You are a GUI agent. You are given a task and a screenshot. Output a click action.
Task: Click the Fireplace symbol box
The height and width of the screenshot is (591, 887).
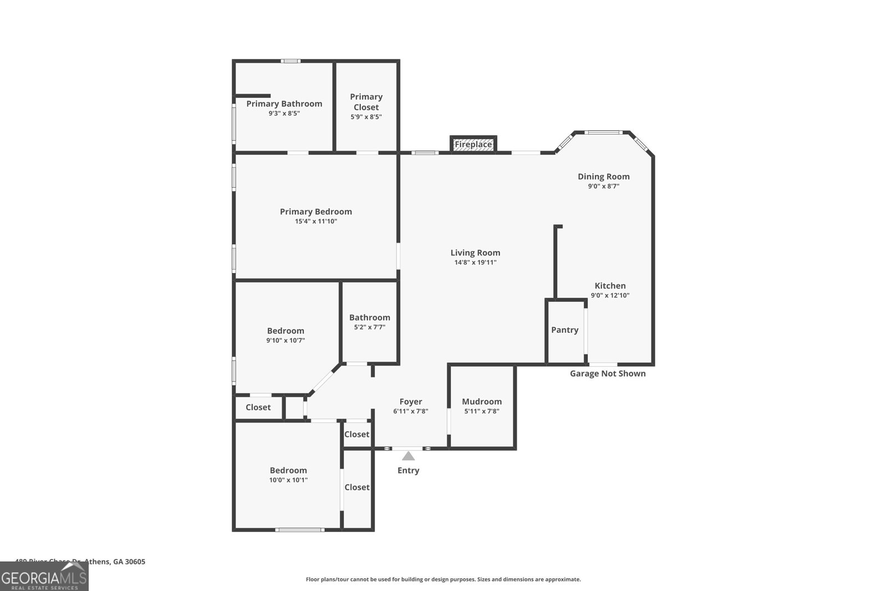(473, 145)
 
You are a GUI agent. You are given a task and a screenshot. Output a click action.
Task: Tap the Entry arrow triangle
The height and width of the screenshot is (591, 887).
(408, 456)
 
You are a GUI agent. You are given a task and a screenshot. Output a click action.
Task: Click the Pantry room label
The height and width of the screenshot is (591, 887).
(564, 330)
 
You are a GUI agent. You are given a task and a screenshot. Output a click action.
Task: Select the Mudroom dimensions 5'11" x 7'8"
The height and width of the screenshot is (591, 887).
(482, 412)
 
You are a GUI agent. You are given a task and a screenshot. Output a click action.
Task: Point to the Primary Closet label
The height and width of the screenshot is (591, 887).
(366, 102)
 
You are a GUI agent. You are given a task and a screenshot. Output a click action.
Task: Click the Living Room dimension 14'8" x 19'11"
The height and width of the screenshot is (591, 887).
(475, 263)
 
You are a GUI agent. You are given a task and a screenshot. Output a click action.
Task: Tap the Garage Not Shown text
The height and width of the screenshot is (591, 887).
(608, 374)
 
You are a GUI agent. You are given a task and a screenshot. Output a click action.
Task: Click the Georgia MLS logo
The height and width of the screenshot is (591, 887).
(44, 578)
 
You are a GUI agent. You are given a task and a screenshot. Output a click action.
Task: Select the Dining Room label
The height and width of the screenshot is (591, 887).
(603, 177)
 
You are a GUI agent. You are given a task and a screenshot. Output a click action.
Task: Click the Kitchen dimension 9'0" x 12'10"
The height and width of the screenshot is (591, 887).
(610, 296)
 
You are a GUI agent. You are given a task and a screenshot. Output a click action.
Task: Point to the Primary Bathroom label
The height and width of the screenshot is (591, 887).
(284, 104)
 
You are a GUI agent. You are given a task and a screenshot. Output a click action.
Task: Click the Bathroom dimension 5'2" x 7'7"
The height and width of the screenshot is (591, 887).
(369, 327)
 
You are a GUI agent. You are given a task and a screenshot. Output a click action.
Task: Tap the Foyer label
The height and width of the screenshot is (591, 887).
(411, 402)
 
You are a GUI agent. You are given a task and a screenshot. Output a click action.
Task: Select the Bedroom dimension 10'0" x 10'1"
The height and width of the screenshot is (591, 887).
(288, 480)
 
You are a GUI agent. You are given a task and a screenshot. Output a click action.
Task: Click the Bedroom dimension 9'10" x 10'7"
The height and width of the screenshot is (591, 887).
(286, 341)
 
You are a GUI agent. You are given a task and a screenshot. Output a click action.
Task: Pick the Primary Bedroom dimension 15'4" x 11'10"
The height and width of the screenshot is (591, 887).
(315, 222)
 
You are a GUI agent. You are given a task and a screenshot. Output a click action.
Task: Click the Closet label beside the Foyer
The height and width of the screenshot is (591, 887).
(356, 435)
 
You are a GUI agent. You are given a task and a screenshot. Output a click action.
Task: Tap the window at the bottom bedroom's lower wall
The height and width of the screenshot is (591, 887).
(299, 530)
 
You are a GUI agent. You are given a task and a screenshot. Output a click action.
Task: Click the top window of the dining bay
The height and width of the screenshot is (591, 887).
(603, 132)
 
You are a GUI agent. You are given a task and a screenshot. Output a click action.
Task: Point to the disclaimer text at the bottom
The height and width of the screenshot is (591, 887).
(443, 579)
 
